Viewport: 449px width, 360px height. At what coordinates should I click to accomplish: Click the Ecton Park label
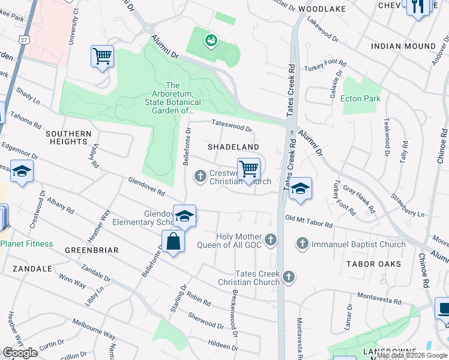tap(360, 98)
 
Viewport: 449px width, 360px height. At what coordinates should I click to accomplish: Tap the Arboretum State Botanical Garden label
tap(173, 98)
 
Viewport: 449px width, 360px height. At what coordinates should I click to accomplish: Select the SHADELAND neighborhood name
tap(234, 147)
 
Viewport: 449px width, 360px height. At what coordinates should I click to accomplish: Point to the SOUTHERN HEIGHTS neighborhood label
tap(68, 137)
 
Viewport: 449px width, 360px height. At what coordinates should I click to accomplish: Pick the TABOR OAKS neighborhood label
tap(373, 264)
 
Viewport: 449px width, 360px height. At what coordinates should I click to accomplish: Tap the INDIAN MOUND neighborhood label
tap(403, 46)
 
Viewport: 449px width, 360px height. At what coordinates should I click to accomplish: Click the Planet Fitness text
tap(26, 244)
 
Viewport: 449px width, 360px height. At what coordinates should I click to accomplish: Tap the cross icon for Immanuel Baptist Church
tap(301, 244)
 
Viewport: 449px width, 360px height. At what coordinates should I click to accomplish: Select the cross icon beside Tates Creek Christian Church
tap(289, 277)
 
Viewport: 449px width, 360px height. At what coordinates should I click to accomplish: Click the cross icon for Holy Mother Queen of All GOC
tap(271, 240)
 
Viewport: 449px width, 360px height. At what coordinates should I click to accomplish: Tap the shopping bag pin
tap(173, 242)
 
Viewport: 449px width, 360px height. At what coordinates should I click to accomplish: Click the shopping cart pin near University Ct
tap(102, 56)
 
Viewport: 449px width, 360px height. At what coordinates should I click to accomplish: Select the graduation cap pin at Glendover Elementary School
tap(184, 215)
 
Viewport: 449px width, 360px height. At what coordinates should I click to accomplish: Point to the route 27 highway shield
tap(23, 39)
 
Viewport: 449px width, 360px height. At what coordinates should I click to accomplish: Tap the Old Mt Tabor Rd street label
tap(309, 221)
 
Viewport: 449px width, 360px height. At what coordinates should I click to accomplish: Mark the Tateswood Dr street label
tap(232, 127)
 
